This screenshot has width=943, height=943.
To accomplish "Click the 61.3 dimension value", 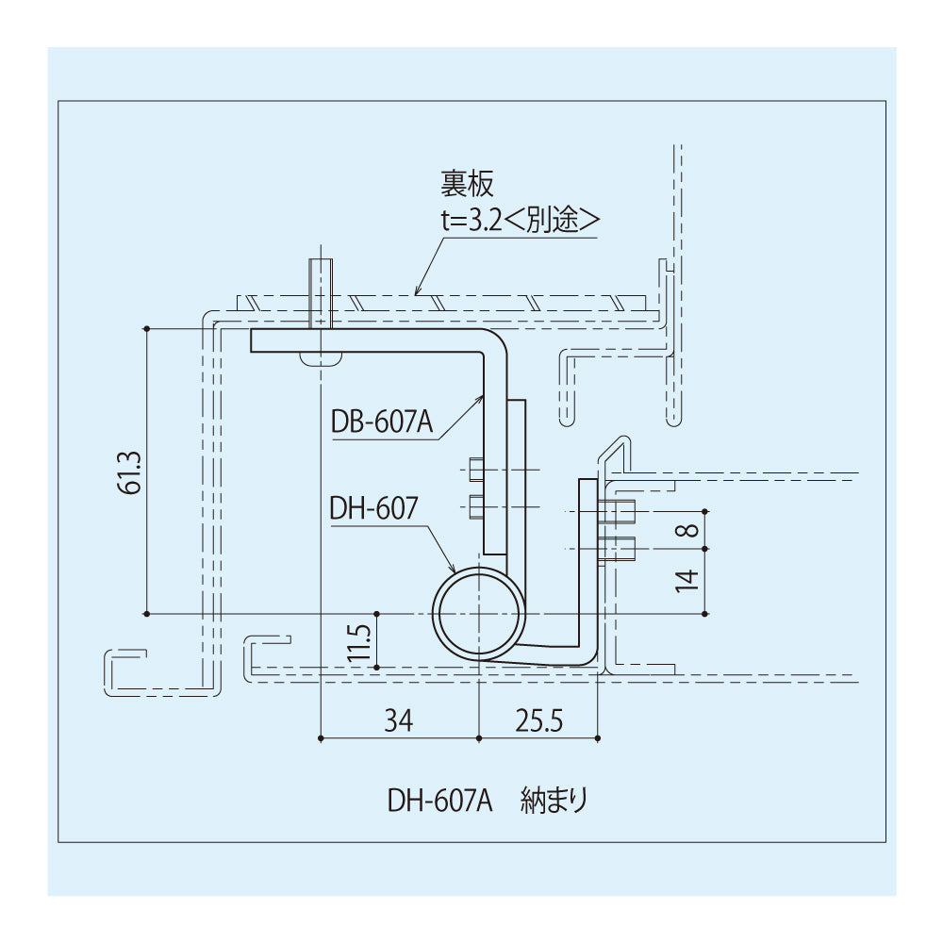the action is [x=132, y=472].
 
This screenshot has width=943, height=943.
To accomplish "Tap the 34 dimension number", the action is [x=399, y=720].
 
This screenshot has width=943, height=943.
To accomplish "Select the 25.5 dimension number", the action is [x=538, y=720].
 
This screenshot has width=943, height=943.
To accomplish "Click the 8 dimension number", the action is [x=691, y=530].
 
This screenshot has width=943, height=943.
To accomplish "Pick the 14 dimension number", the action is [x=687, y=580].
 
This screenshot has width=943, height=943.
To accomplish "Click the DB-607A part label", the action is [x=382, y=422].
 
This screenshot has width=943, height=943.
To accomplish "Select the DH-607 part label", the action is [x=373, y=509].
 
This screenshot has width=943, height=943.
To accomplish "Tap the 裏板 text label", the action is [x=468, y=184].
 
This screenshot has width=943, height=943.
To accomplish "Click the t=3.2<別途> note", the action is [x=521, y=222].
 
